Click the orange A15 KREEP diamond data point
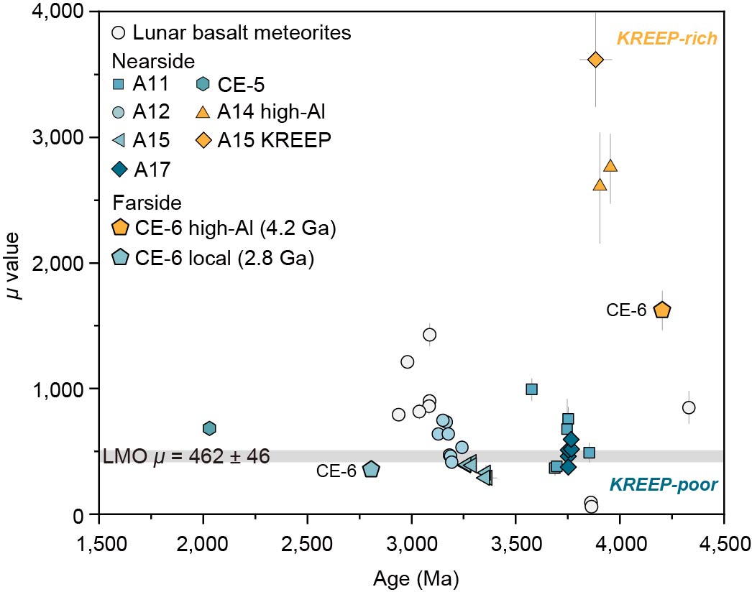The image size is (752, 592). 595,60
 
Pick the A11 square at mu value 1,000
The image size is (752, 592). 531,389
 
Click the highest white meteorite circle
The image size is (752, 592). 430,335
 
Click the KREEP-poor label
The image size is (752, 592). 676,485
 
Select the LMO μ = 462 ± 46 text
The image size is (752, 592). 186,457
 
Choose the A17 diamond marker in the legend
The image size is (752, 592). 120,169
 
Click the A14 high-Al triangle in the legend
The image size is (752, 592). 204,112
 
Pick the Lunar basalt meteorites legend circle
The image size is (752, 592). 120,33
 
